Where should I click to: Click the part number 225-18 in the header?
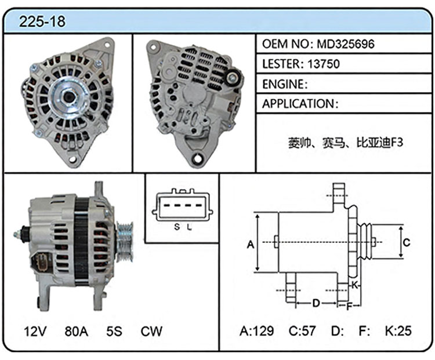(42, 21)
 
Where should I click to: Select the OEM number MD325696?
(346, 44)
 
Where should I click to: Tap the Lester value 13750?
(324, 64)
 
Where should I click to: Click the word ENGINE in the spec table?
(283, 84)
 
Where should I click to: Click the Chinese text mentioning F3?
(346, 143)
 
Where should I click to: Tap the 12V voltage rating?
(35, 331)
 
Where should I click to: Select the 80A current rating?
(77, 331)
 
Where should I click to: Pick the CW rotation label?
(151, 331)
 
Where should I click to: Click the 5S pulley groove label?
(114, 331)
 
